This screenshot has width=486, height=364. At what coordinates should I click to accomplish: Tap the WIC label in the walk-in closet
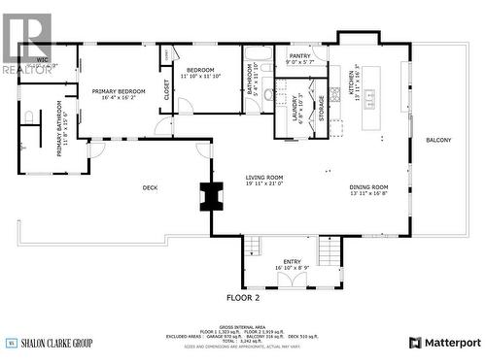click(42, 61)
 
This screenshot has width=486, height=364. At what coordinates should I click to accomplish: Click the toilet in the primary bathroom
click(29, 116)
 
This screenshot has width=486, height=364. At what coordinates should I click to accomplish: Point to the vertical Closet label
click(166, 90)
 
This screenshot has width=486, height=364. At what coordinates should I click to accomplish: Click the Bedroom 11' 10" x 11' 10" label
click(200, 73)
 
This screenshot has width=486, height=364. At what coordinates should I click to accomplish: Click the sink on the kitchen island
click(369, 95)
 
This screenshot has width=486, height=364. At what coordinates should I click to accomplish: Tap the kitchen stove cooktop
click(335, 94)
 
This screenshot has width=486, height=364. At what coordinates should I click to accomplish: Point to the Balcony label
click(438, 140)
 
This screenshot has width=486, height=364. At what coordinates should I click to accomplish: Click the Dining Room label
click(368, 189)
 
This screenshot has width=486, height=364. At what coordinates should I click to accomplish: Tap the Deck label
click(150, 187)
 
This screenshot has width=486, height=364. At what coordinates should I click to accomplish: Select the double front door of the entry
click(292, 281)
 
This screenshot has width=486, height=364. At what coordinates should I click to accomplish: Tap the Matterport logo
click(444, 342)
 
